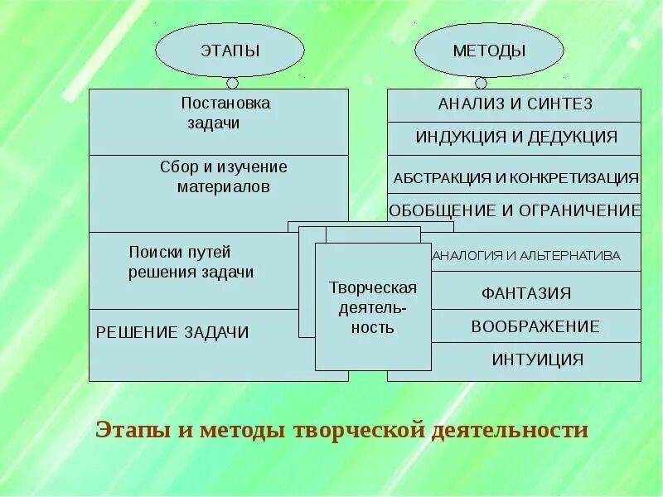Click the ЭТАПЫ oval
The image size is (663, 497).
[230, 50]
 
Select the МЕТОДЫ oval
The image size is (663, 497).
[489, 50]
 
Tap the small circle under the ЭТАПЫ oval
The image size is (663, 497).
[232, 83]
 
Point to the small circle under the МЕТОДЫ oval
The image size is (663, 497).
[480, 83]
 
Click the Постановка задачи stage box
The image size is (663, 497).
[219, 122]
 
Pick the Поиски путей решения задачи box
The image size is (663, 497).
[191, 270]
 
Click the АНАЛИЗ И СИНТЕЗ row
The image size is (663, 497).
[515, 104]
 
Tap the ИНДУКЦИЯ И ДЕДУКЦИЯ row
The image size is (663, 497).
[515, 137]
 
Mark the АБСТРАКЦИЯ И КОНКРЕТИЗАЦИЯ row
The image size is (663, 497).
[515, 177]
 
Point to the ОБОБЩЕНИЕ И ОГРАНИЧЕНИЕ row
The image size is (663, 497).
[515, 210]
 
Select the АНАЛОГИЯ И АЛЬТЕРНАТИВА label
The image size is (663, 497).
[525, 255]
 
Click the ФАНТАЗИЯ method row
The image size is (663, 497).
[526, 293]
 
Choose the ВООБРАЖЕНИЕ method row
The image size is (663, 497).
[535, 326]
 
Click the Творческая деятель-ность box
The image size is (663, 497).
[373, 306]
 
